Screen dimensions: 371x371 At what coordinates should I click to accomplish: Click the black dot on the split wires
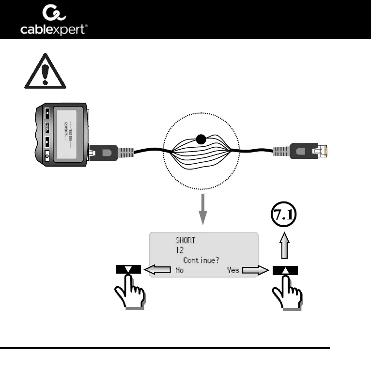[200, 141]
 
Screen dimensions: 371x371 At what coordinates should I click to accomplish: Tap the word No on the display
[179, 270]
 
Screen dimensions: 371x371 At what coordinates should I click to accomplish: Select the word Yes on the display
[233, 270]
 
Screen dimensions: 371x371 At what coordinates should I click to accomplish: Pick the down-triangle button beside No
[128, 270]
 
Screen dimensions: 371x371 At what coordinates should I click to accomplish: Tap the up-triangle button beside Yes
[285, 270]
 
